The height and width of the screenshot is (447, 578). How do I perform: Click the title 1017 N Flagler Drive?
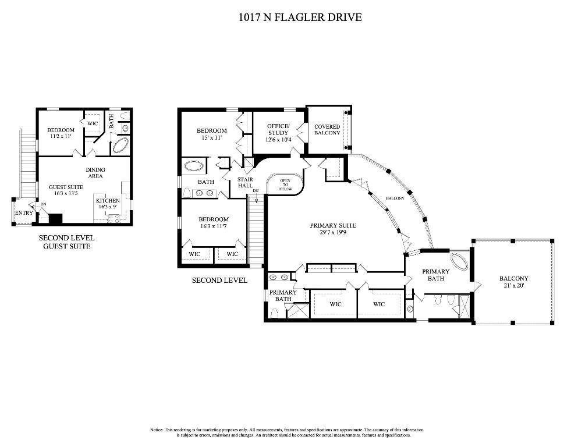click(300, 17)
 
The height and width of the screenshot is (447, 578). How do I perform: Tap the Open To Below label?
click(285, 185)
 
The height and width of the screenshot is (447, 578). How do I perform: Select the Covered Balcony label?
click(327, 130)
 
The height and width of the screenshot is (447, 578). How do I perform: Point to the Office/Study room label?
click(278, 130)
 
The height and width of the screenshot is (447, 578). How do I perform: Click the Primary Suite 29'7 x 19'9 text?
click(333, 229)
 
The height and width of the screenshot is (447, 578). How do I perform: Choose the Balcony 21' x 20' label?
click(514, 282)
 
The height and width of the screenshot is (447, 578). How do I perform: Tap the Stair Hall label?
click(245, 182)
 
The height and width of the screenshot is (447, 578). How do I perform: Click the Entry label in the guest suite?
click(24, 213)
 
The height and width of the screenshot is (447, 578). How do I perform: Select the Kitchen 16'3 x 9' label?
click(108, 203)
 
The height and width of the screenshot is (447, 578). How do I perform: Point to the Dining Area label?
click(95, 173)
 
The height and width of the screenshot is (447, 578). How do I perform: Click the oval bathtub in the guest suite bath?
click(121, 146)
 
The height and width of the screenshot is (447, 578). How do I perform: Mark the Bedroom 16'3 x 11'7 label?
click(214, 222)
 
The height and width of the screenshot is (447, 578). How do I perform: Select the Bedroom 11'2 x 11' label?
click(61, 133)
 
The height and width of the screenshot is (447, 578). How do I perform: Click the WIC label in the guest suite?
click(93, 123)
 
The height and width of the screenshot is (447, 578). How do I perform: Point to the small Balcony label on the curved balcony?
click(395, 198)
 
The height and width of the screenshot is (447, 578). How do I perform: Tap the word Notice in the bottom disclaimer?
click(156, 430)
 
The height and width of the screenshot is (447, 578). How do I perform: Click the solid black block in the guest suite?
click(55, 219)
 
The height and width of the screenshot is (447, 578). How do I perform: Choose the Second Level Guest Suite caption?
click(66, 242)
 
